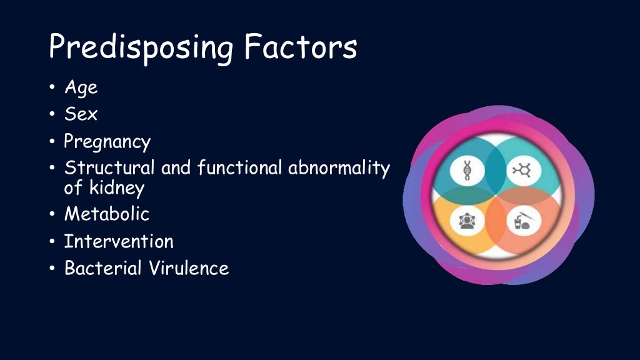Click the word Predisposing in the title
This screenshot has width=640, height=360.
pos(141,47)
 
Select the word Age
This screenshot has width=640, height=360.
pos(81,88)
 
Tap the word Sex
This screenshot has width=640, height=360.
pos(81,114)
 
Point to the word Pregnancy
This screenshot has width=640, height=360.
pos(107,142)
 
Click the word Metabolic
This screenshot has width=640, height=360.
pos(107,214)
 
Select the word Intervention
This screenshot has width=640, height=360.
pos(119,241)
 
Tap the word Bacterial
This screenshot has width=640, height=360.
pos(103,268)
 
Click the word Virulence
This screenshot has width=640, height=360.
pos(189,268)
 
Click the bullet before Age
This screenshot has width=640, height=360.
pos(52,88)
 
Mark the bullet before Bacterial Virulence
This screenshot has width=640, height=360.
pos(52,269)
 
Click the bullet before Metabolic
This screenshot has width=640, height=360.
pos(52,215)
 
